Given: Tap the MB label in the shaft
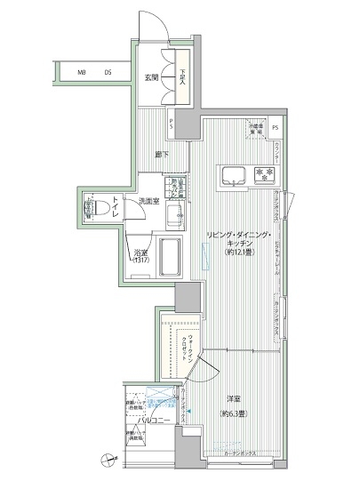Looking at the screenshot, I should (x=81, y=73).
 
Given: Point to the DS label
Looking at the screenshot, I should (x=107, y=73).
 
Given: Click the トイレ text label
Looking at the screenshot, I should (x=116, y=209).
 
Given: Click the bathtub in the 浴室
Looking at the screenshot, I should (x=171, y=258).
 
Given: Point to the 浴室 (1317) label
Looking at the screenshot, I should (x=142, y=257).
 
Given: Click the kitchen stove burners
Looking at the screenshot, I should (x=264, y=172).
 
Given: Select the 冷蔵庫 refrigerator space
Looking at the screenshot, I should (x=257, y=132).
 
